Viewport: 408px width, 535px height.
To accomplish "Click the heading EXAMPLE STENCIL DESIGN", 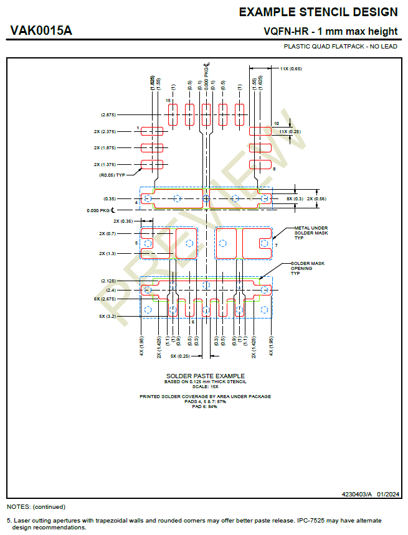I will [318, 12].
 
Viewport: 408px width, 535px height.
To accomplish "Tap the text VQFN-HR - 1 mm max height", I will [330, 32].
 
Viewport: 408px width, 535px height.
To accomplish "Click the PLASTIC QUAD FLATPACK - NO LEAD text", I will [340, 47].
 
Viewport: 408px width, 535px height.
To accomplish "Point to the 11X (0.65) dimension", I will [291, 68].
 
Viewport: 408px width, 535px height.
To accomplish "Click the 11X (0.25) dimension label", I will [290, 132].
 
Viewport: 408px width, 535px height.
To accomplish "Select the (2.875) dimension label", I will [108, 115].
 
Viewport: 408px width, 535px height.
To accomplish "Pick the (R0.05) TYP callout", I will [112, 175].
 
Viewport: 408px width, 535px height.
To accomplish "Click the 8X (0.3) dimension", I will [295, 198].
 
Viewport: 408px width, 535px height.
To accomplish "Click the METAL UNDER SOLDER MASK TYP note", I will [311, 233].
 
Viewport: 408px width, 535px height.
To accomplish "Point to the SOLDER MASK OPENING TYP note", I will [307, 268].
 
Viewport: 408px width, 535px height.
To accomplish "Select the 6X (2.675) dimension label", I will [104, 299].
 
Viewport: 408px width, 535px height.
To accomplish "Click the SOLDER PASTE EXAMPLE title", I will [205, 376].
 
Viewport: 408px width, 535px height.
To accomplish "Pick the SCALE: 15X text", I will [205, 386].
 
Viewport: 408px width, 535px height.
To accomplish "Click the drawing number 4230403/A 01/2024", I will [370, 494].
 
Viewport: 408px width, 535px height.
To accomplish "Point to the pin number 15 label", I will [168, 100].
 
